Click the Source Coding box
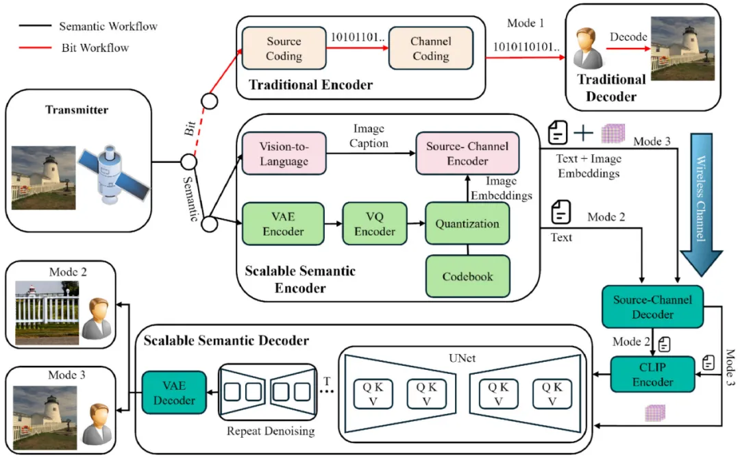[x=284, y=48]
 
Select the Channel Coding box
[x=430, y=48]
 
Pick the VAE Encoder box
[x=283, y=223]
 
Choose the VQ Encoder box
[x=374, y=223]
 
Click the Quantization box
[x=467, y=223]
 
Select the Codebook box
[x=467, y=276]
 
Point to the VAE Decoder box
[x=174, y=393]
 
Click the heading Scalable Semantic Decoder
[x=225, y=340]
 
